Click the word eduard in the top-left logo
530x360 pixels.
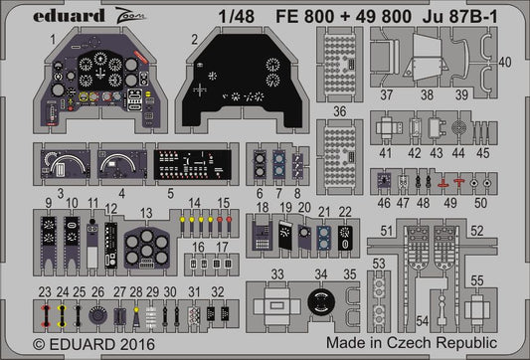47,14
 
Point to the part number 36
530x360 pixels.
339,111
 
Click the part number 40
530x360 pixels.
505,62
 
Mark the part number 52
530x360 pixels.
505,231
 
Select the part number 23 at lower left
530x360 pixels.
46,291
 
